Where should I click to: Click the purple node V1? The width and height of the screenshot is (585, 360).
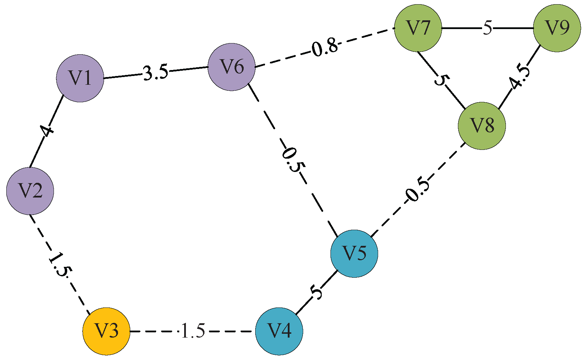(x=80, y=78)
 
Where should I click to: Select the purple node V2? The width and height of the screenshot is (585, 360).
(x=30, y=191)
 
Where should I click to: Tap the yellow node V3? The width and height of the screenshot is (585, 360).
(x=106, y=331)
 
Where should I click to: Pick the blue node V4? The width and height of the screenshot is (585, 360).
(x=279, y=331)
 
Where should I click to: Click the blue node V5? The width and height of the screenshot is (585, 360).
(x=354, y=254)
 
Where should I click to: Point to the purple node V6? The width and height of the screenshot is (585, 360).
(x=231, y=67)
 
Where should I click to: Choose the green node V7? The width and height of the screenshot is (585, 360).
(x=418, y=28)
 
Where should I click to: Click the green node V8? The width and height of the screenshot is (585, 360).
(x=482, y=126)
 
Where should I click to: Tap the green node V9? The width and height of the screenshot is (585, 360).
(x=557, y=28)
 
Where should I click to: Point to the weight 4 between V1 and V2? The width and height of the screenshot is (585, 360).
(x=47, y=131)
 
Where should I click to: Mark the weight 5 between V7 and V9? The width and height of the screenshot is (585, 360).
(x=487, y=28)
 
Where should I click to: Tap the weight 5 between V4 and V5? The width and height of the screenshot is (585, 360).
(x=316, y=291)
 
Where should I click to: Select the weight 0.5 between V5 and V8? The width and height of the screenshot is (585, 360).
(x=417, y=191)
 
